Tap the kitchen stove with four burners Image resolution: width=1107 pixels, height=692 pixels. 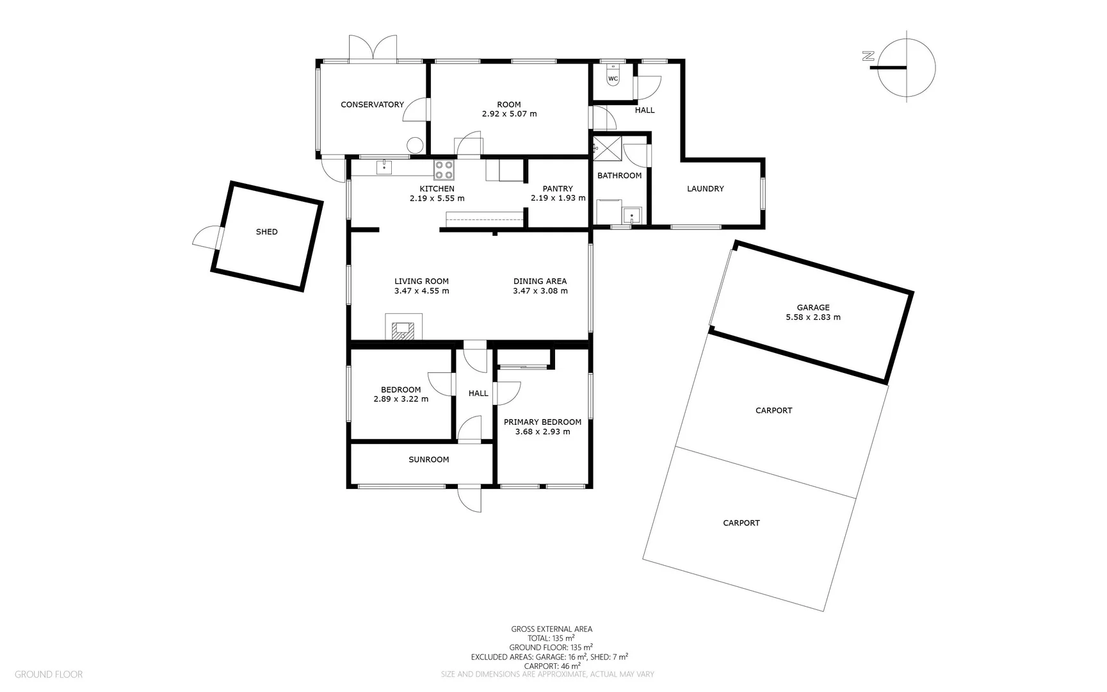tap(444, 170)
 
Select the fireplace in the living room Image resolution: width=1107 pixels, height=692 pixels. tap(403, 326)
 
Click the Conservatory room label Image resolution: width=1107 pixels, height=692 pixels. tap(372, 104)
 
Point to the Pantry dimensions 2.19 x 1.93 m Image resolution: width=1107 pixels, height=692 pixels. tap(558, 198)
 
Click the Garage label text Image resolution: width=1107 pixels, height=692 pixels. tap(813, 308)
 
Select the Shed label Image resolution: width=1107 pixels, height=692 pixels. tap(267, 232)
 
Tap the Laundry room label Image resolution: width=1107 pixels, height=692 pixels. tap(706, 189)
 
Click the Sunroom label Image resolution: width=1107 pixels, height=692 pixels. tap(429, 459)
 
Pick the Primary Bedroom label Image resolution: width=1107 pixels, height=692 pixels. tap(542, 422)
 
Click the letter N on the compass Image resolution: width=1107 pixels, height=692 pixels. tap(868, 56)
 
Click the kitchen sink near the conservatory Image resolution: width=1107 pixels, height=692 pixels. tap(384, 168)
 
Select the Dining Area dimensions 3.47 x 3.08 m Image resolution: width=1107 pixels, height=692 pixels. tap(540, 291)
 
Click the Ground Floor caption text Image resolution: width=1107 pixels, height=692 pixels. tap(49, 674)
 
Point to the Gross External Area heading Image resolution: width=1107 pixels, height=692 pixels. tap(552, 629)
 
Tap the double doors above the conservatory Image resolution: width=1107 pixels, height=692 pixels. tap(373, 48)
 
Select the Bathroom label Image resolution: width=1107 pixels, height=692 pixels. tap(619, 176)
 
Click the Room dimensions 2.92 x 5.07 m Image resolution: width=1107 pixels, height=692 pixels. tap(509, 114)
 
